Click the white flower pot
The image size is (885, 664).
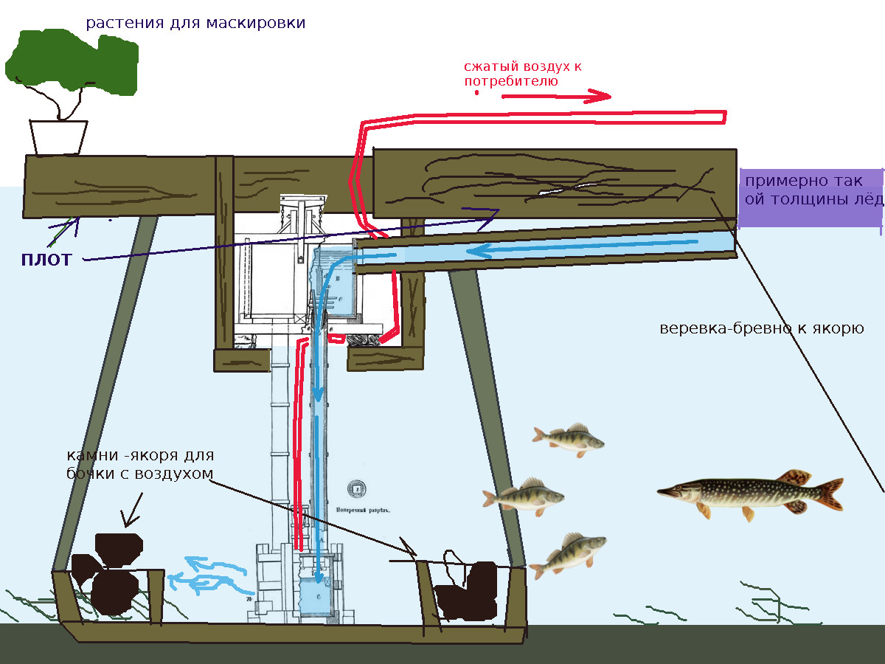pos(58,137)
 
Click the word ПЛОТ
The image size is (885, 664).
pos(46,260)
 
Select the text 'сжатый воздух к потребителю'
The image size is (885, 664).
pos(522,74)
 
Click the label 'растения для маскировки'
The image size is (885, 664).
pos(195,23)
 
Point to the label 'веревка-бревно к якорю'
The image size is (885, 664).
pos(760,328)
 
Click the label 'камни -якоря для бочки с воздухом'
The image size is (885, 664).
pos(139,464)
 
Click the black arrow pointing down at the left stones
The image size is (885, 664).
pos(132,509)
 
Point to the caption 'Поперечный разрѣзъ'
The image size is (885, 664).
pos(361,508)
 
